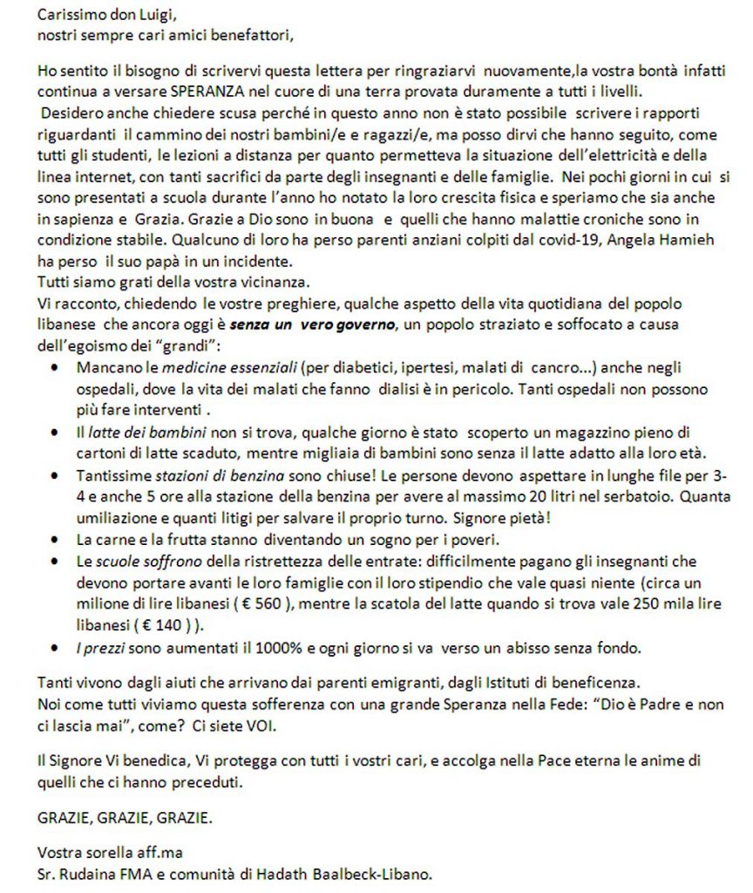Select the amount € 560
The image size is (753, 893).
(x=263, y=604)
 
